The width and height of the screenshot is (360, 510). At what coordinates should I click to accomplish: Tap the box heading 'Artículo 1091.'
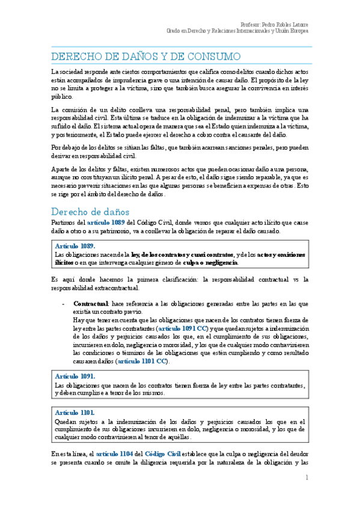(75, 376)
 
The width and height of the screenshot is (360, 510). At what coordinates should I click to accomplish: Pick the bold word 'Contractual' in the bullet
(90, 303)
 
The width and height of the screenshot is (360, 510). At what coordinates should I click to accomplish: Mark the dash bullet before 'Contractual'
(64, 303)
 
